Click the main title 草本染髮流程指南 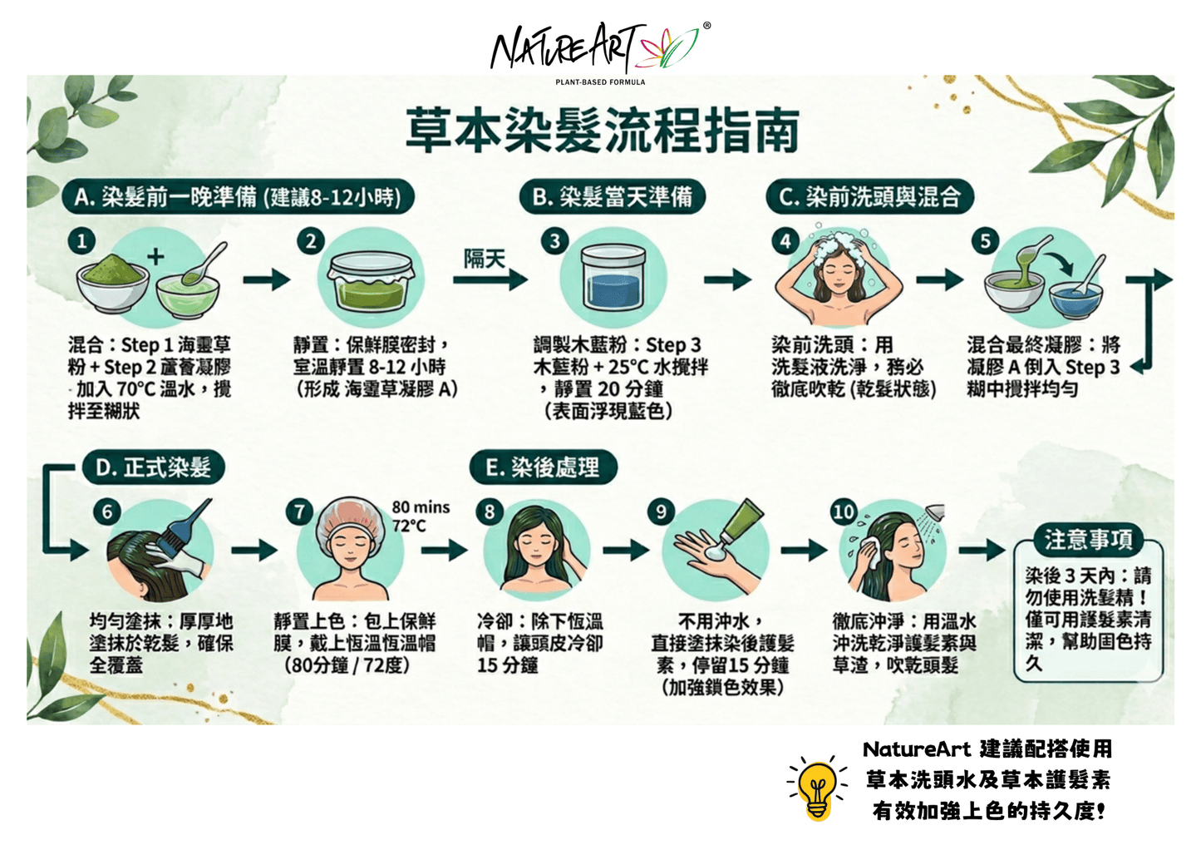click(603, 130)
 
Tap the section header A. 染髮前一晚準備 click(238, 197)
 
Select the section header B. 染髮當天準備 click(613, 197)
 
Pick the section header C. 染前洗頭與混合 click(869, 197)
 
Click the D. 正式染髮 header click(153, 467)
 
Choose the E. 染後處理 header click(543, 467)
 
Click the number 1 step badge click(81, 241)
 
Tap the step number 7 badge click(299, 512)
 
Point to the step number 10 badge click(844, 512)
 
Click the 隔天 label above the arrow click(485, 259)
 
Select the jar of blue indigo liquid click(613, 277)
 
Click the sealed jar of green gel click(371, 280)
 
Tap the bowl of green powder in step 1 click(112, 284)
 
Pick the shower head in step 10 click(935, 512)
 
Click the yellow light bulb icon click(817, 788)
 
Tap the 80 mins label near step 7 click(421, 507)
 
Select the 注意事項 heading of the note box click(1088, 539)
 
